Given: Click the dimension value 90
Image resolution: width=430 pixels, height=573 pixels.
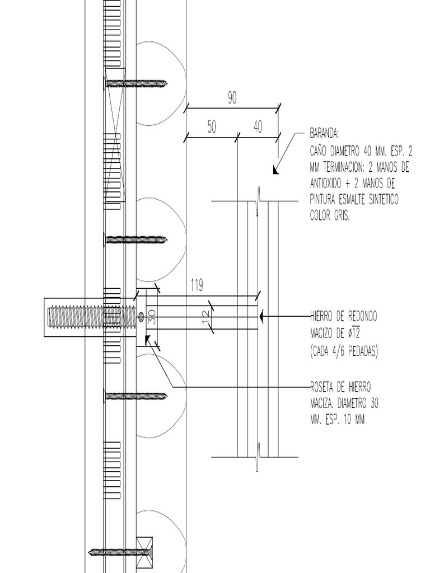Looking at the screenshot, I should point(232,98).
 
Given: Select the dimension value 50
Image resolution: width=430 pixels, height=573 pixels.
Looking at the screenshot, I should point(212,128).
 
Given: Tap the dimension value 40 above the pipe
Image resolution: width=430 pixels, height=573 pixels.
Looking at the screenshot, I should point(258,128).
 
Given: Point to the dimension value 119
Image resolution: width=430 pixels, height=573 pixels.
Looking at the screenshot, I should point(197,285).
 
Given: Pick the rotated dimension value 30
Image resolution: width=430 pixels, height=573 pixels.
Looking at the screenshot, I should point(151,318).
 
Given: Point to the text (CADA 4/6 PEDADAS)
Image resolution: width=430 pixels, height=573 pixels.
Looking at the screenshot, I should point(344,351).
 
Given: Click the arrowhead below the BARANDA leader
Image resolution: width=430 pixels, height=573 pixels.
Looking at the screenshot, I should point(275,170).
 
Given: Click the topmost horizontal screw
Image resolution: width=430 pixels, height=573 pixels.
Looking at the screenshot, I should point(136,83).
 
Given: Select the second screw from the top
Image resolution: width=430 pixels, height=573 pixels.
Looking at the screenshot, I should point(136,240).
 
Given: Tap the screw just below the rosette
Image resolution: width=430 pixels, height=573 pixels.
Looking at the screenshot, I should point(136,397).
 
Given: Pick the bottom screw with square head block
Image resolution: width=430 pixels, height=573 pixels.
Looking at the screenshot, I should point(121,552).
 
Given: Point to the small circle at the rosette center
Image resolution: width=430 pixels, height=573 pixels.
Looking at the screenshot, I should point(141,318).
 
